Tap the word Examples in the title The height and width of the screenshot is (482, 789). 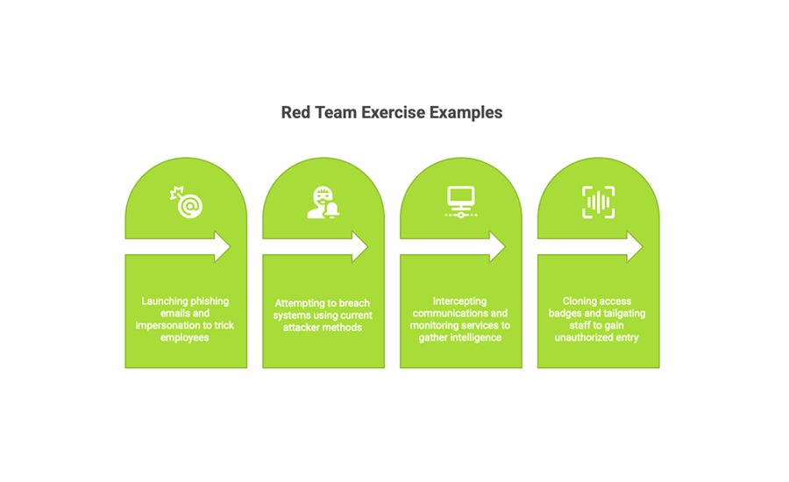[466, 113]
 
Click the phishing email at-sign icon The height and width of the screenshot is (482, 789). [186, 202]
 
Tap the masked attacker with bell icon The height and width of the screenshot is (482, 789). [323, 202]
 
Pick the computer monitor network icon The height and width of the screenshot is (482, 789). [461, 202]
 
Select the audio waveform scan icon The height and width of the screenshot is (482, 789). [598, 202]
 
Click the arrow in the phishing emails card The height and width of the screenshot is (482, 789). [178, 246]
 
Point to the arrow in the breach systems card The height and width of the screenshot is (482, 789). [315, 246]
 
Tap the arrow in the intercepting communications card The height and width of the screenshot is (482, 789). [452, 246]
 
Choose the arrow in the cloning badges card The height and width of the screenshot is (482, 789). [590, 246]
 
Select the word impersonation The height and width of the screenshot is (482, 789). [168, 325]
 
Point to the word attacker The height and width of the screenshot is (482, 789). [301, 328]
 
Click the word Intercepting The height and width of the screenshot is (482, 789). [460, 301]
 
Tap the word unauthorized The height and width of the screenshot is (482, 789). [582, 337]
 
